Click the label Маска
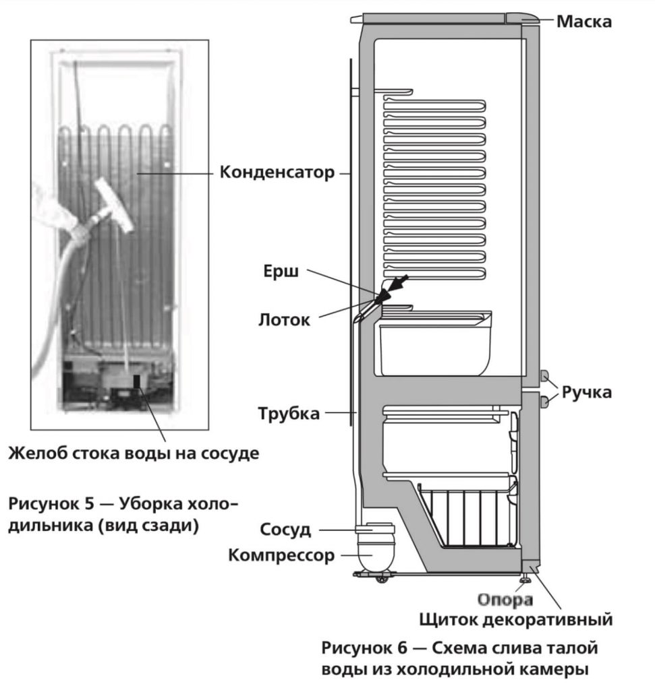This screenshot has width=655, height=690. [x=583, y=22]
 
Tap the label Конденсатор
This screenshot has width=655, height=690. [x=277, y=173]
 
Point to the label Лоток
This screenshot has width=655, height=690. [x=284, y=319]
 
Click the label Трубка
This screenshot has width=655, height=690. [x=289, y=413]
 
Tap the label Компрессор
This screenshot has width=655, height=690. [x=281, y=556]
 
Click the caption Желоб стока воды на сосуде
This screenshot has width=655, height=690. [x=134, y=453]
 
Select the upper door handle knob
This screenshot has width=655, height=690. [x=544, y=376]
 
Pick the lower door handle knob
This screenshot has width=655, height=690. [x=544, y=403]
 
